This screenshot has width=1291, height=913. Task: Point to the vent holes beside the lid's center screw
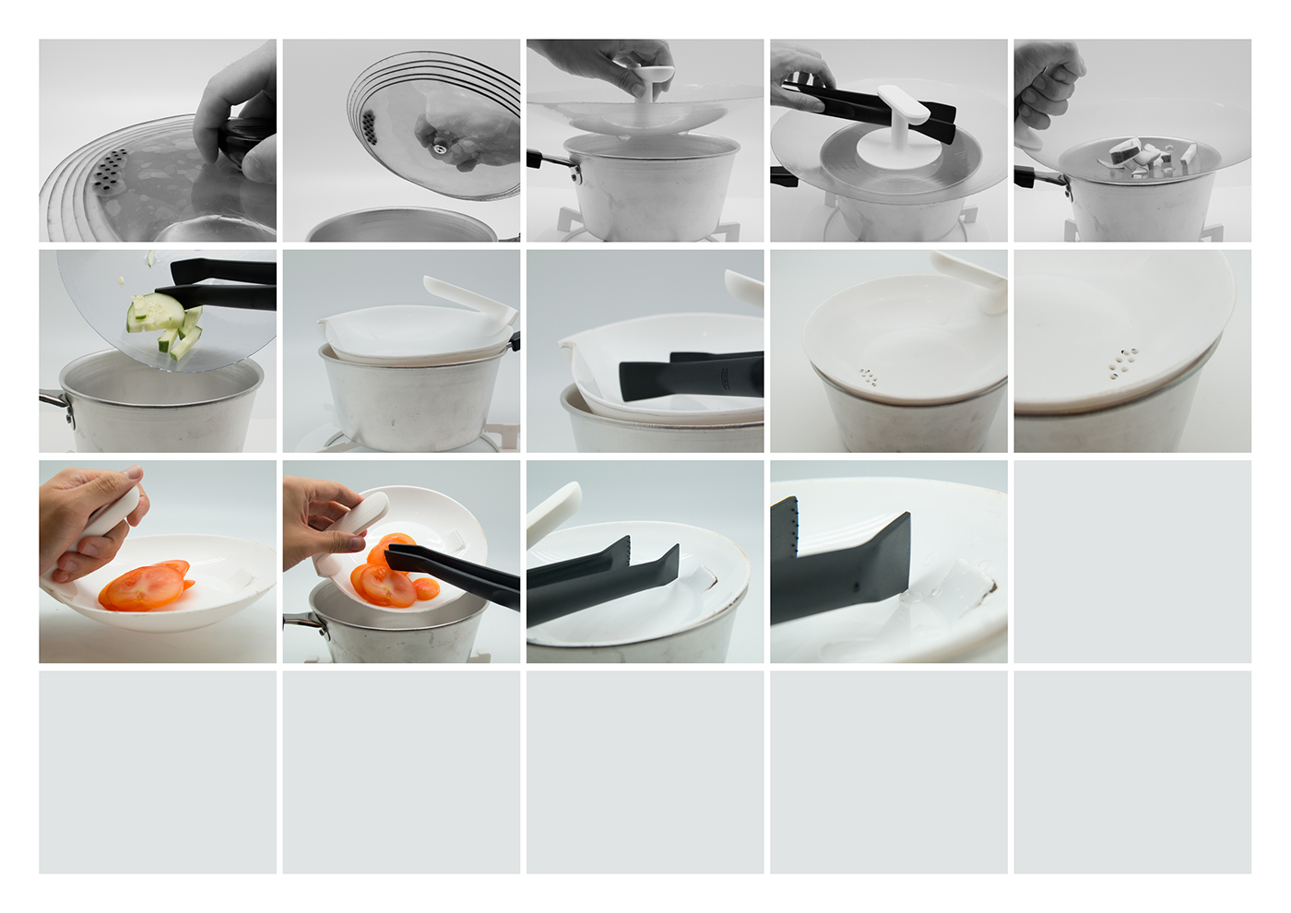369,125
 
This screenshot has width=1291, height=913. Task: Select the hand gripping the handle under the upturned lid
1048,83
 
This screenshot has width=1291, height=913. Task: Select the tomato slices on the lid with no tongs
145,587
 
